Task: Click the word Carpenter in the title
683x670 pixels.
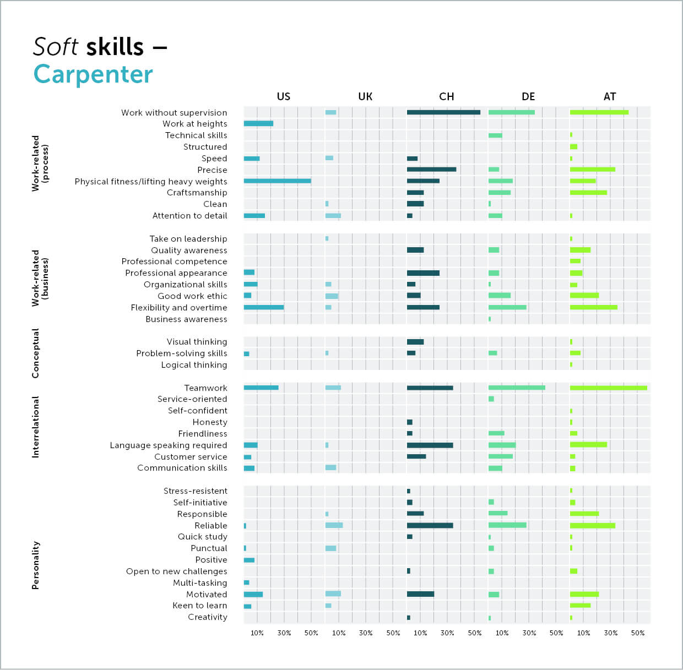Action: [x=93, y=74]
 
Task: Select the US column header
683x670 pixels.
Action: [x=283, y=97]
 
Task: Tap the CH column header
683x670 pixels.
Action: [x=446, y=97]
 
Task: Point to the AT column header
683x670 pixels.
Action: [x=609, y=97]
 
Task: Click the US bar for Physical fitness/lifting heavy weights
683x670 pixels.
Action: [x=277, y=181]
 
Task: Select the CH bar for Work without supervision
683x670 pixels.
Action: [x=443, y=112]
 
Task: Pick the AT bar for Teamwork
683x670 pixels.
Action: [x=608, y=388]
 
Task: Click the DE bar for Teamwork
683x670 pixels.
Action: [x=517, y=388]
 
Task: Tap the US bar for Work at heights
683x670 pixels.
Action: [x=258, y=124]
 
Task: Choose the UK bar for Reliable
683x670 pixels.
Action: [x=334, y=525]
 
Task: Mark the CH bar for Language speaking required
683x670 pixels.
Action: [x=430, y=445]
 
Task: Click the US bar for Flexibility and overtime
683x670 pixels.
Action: [x=264, y=307]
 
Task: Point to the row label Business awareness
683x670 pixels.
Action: [x=186, y=319]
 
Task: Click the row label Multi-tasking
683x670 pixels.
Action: [x=200, y=583]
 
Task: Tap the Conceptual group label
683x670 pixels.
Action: [x=36, y=353]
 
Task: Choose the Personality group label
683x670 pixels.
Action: [x=36, y=565]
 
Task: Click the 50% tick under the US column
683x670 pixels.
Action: [x=311, y=633]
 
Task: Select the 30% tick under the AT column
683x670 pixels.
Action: [x=610, y=633]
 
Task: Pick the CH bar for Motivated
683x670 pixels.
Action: [x=420, y=594]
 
